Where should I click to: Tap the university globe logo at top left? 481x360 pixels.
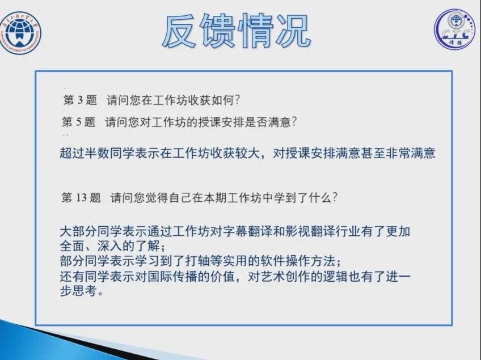(x=20, y=33)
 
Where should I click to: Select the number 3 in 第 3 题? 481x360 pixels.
(x=81, y=100)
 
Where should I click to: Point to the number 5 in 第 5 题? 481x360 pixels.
(x=79, y=122)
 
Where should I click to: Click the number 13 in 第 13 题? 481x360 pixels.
(x=81, y=198)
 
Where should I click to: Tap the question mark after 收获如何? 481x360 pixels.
(x=237, y=100)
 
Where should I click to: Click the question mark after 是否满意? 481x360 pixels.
(x=294, y=122)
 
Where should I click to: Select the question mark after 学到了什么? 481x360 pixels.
(x=335, y=197)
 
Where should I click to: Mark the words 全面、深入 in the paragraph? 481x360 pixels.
(x=91, y=246)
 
